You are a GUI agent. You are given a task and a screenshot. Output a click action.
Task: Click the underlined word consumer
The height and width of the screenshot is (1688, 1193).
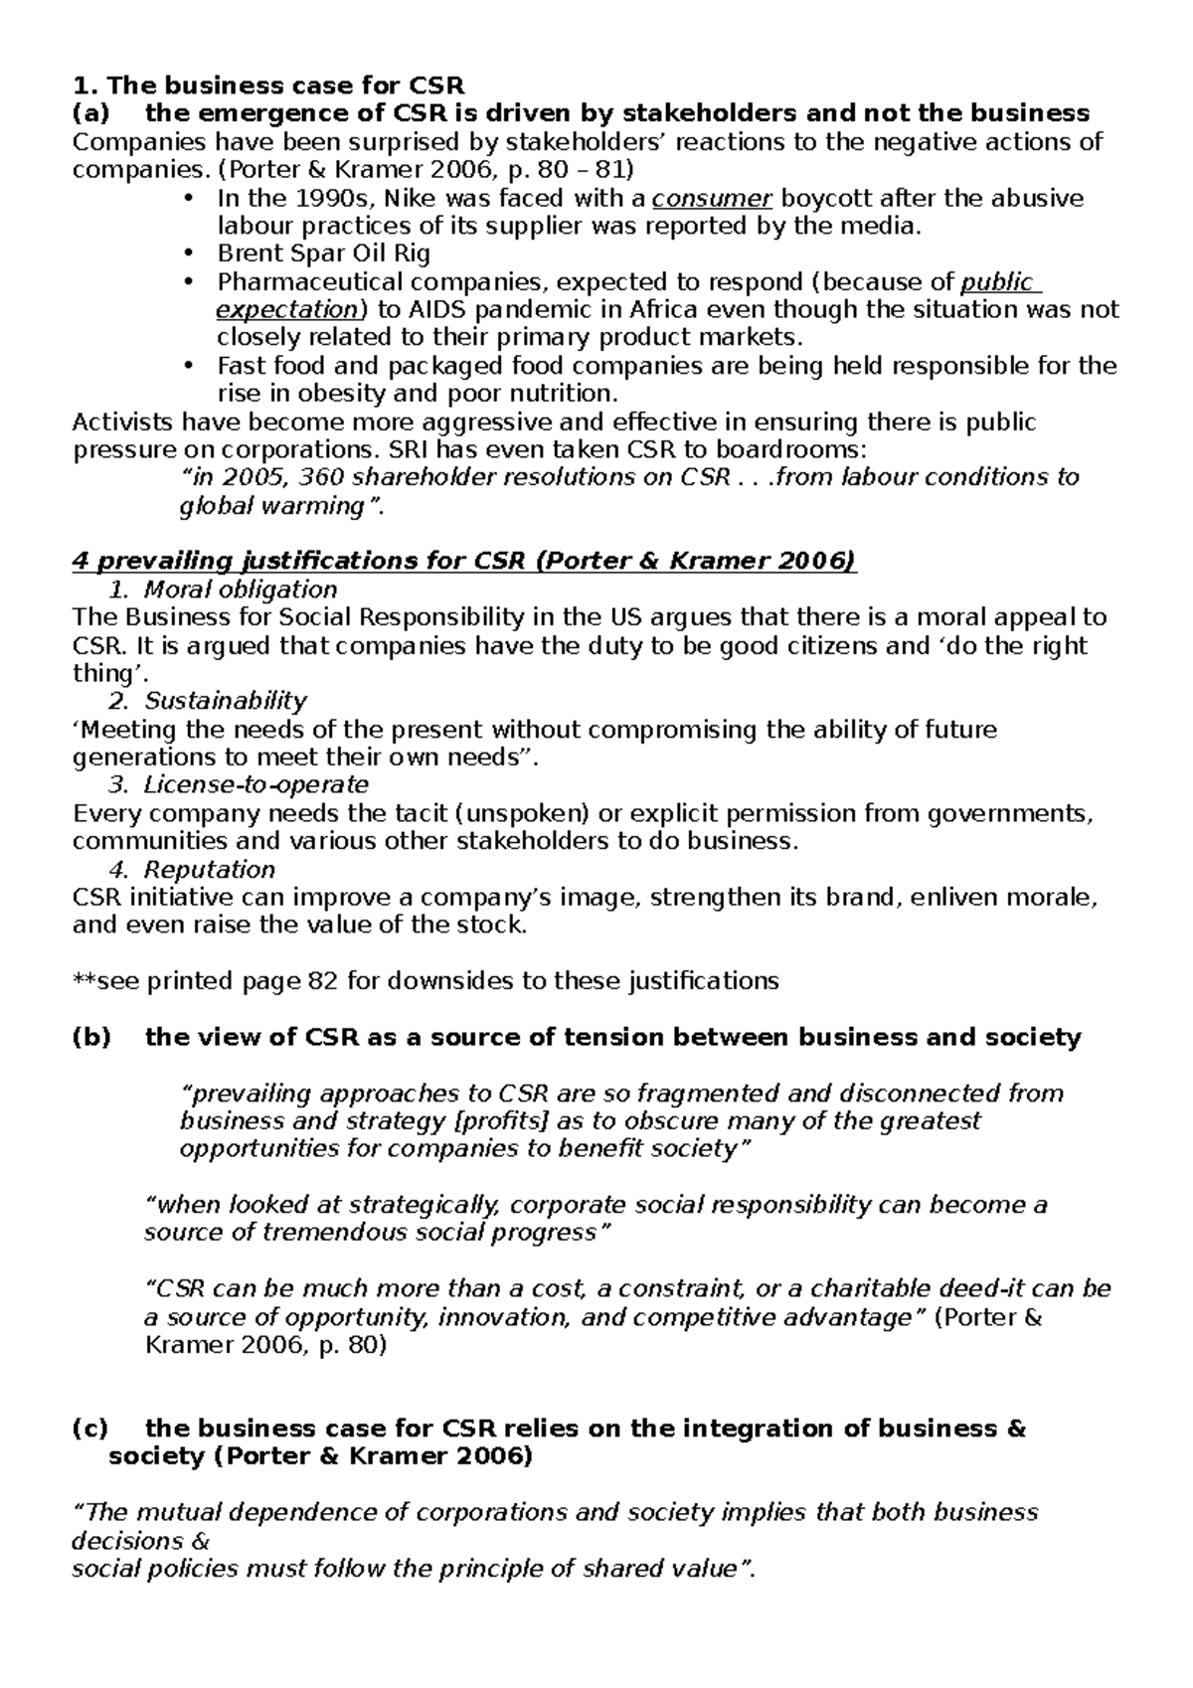click(711, 198)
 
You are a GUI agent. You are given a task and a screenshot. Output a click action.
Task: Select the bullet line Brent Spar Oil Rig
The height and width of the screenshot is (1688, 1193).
click(323, 253)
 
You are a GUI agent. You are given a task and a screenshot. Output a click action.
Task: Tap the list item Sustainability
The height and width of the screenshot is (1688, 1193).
click(226, 702)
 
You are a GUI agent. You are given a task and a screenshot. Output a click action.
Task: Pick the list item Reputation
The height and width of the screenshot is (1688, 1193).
click(210, 870)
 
